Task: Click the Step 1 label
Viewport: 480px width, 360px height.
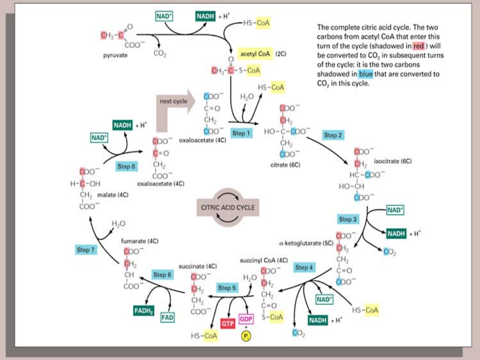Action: [x=239, y=133]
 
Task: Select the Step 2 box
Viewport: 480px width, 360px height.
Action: [x=333, y=135]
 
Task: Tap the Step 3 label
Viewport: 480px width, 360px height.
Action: [x=348, y=219]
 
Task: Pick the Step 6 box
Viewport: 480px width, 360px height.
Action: [x=162, y=275]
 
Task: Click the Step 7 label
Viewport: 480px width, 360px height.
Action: [x=86, y=249]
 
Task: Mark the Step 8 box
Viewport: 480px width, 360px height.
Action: [x=126, y=166]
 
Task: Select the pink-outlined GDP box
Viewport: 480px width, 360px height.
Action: [x=246, y=319]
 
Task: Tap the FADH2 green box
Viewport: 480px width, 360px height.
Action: [x=143, y=310]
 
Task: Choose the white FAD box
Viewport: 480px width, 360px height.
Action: [x=167, y=317]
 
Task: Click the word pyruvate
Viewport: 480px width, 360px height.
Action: [x=115, y=55]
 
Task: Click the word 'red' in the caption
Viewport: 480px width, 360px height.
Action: [x=418, y=46]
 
